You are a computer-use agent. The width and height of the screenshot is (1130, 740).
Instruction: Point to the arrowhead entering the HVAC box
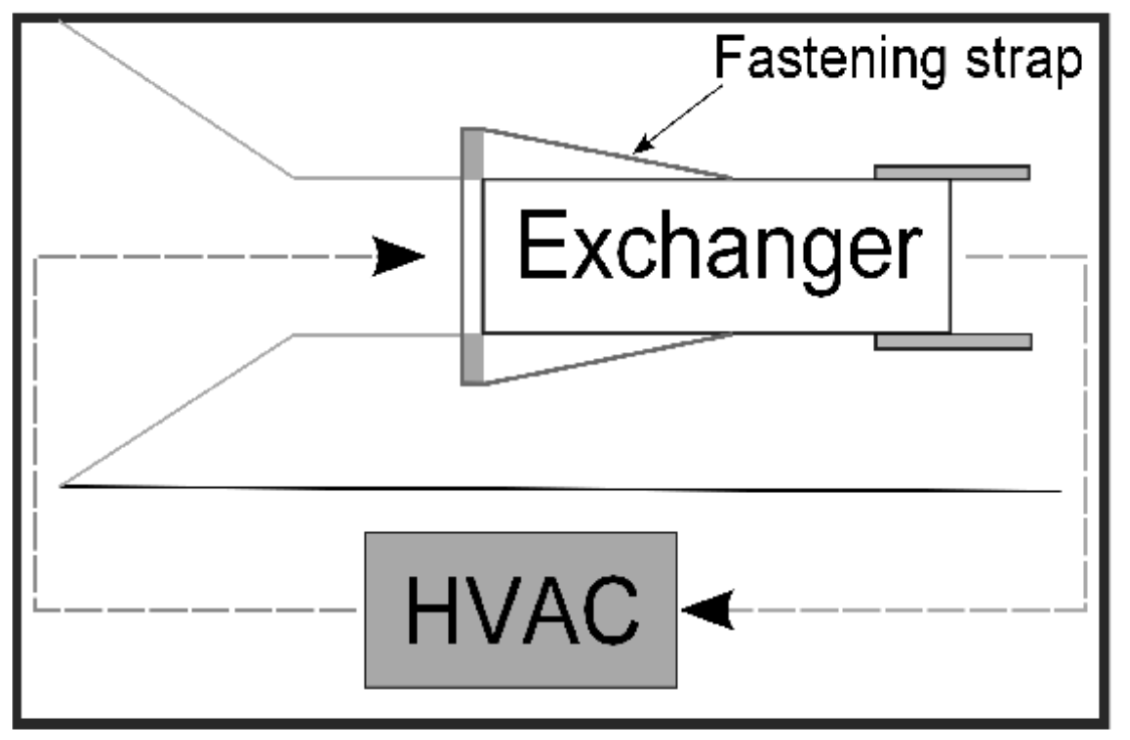[710, 610]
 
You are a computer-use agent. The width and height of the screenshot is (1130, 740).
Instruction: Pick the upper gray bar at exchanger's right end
[952, 172]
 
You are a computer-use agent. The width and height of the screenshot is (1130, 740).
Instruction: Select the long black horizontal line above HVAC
[552, 488]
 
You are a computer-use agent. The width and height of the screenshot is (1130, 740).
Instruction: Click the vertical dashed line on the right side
[1086, 432]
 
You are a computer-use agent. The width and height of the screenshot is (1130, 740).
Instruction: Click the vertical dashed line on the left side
[35, 432]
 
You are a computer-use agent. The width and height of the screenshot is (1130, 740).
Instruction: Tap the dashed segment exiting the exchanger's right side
[1024, 257]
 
